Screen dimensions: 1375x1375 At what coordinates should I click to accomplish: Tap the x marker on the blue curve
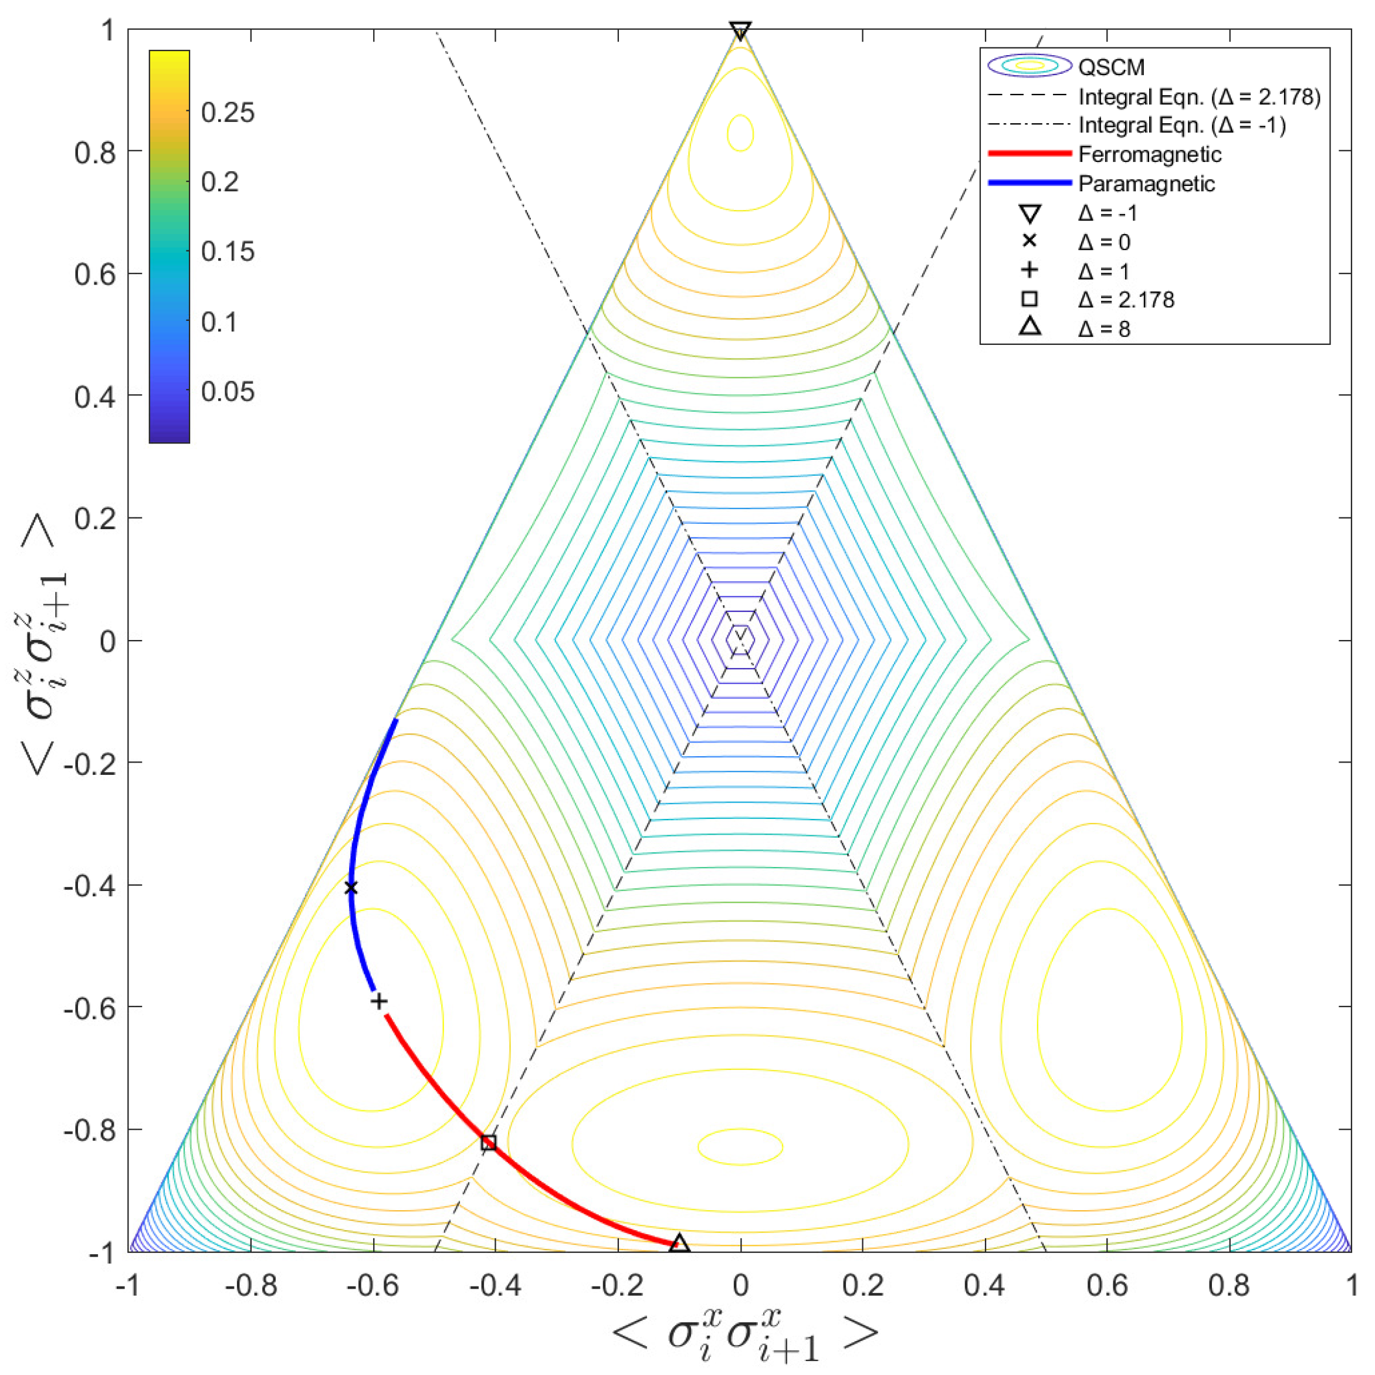point(351,888)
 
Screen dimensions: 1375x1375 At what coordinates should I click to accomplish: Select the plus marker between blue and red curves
point(380,1001)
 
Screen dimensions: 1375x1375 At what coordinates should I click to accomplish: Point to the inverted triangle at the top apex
point(740,31)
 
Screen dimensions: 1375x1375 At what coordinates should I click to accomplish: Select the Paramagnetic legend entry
point(1146,184)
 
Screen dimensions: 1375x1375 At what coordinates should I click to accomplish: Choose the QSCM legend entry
point(1111,67)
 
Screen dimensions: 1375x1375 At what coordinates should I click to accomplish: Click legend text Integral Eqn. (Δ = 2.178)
point(1199,97)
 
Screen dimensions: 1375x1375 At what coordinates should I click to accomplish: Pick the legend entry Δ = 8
point(1104,329)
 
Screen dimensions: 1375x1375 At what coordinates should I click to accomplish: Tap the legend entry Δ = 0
point(1104,242)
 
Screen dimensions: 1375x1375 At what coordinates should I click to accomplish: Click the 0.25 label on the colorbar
point(228,113)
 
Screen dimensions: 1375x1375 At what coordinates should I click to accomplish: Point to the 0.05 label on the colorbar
point(228,391)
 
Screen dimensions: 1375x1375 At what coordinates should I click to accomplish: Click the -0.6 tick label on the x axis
point(373,1285)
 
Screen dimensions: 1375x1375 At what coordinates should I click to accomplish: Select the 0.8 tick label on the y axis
point(94,151)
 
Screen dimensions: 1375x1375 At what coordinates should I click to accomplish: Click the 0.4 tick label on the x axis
point(985,1285)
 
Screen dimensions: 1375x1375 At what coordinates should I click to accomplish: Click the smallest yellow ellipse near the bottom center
point(740,1147)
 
